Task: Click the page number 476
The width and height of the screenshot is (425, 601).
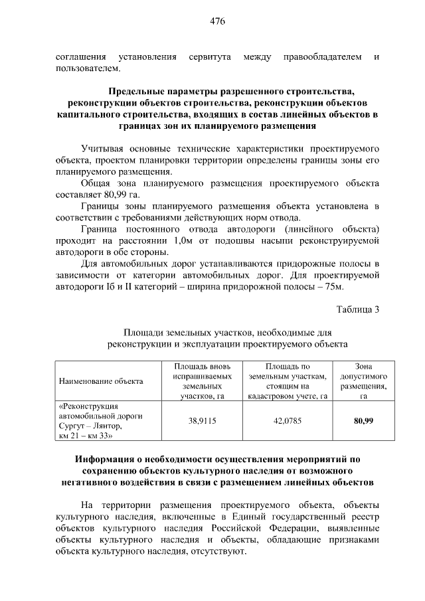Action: (x=218, y=21)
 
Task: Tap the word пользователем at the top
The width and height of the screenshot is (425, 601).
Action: (x=88, y=68)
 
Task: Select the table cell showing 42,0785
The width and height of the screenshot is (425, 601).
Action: (x=288, y=421)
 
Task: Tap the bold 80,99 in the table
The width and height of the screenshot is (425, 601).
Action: (x=363, y=421)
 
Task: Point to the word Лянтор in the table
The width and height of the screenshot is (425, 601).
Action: (x=108, y=426)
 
